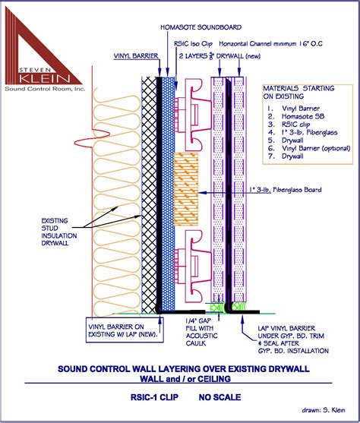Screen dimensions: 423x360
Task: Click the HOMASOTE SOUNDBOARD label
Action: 193,27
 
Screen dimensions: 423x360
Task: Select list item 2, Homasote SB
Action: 297,116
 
